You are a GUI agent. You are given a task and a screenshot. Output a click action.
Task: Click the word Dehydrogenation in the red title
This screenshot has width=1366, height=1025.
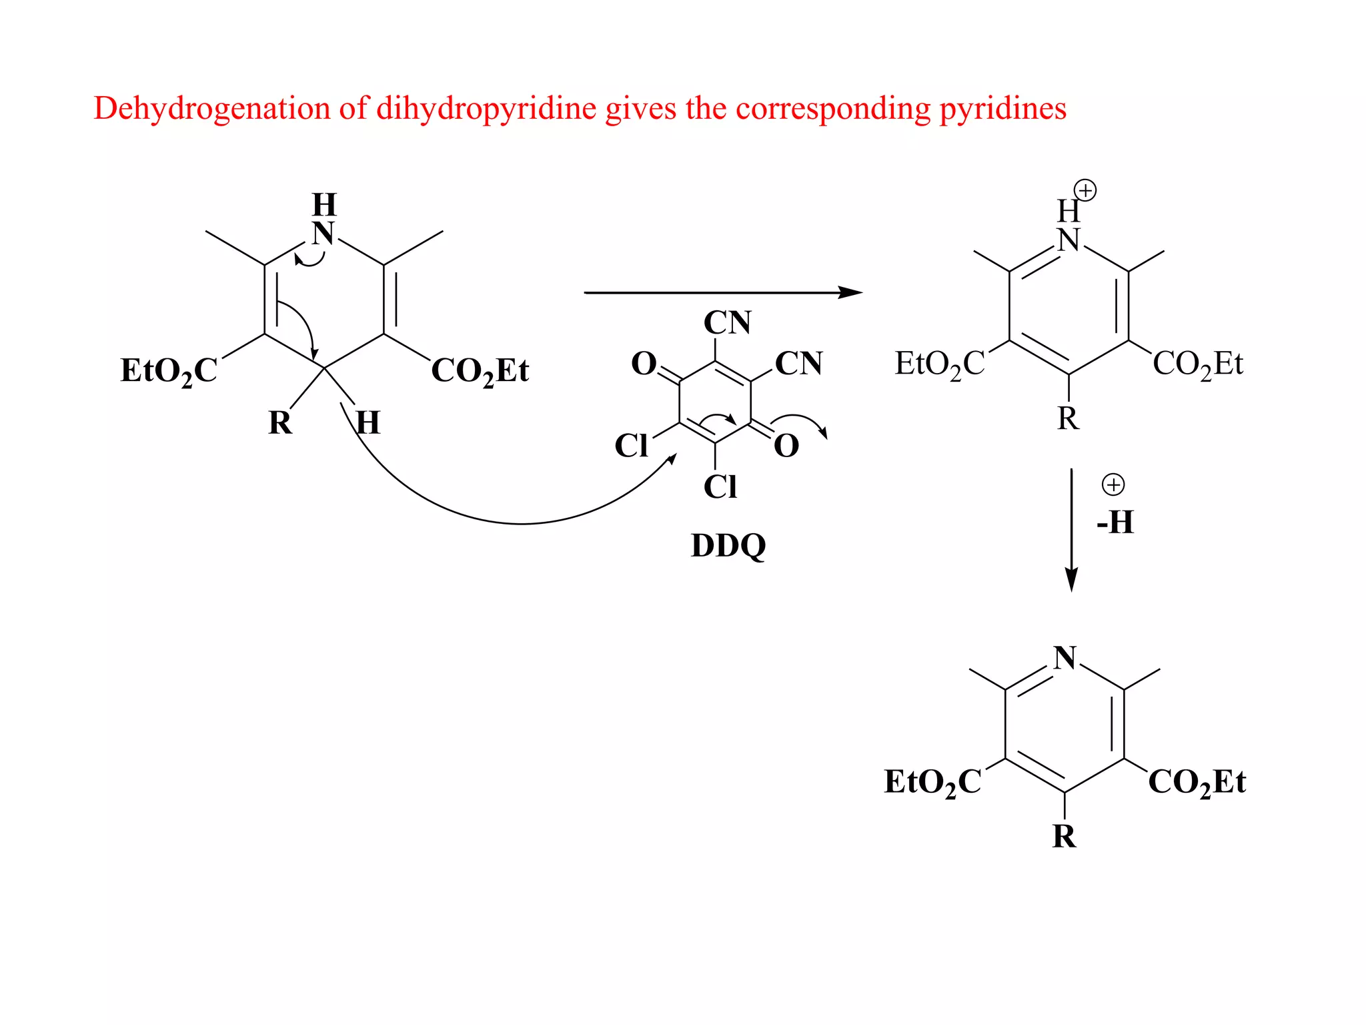[x=211, y=109]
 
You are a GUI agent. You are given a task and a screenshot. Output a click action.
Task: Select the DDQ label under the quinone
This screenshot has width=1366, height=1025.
[x=728, y=546]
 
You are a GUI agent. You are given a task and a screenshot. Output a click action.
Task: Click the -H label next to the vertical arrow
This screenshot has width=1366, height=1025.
[x=1115, y=523]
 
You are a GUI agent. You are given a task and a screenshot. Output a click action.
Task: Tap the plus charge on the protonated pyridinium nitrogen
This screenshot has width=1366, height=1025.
[x=1086, y=191]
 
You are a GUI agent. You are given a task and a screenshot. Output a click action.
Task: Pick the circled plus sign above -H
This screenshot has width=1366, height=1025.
[x=1113, y=484]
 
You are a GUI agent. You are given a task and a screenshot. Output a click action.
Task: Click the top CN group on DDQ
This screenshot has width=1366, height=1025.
[x=727, y=323]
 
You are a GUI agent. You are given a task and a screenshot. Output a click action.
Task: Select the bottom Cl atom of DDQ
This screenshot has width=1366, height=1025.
[x=720, y=487]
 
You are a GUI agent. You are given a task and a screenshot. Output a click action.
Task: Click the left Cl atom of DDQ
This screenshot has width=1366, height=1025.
[x=631, y=446]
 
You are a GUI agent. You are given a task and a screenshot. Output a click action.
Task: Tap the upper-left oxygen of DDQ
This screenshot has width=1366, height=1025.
[x=644, y=364]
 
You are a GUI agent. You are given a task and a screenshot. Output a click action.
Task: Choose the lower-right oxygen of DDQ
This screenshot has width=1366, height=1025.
[x=786, y=446]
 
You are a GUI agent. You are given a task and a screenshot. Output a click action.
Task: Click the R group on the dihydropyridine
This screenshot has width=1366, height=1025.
[x=280, y=423]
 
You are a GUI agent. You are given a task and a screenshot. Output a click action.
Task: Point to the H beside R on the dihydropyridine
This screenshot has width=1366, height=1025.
[x=368, y=423]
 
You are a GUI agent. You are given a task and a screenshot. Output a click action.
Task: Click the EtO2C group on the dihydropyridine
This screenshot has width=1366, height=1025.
[x=169, y=371]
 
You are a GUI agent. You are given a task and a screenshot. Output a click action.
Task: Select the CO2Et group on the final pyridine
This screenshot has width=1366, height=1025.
[x=1197, y=782]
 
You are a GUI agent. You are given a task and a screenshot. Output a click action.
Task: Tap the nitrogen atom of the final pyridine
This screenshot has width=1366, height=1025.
[x=1065, y=658]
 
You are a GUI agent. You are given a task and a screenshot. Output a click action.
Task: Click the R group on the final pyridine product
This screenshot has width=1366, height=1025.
[x=1065, y=836]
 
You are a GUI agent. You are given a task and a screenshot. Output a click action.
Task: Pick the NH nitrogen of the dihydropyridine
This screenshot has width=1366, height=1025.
[x=324, y=234]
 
